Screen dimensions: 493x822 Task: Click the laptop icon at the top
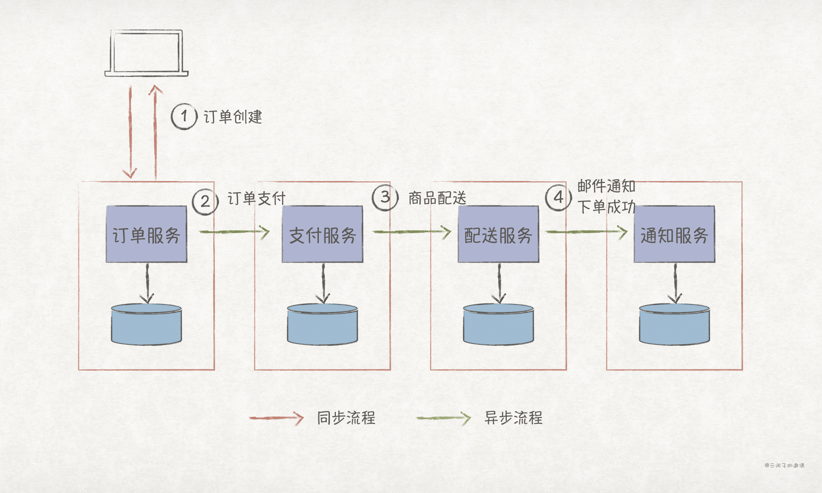[x=146, y=53]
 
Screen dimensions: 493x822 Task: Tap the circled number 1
[x=184, y=116]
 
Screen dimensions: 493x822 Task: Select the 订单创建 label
[x=233, y=117]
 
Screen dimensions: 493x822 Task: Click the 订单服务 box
[x=147, y=235]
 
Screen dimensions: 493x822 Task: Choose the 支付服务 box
[x=323, y=235]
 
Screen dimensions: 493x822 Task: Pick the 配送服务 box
[x=498, y=235]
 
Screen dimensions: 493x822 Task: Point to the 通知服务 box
[x=674, y=235]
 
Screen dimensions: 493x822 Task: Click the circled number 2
[x=205, y=201]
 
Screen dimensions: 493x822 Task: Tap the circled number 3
[x=385, y=198]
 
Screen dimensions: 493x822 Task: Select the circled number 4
[x=558, y=198]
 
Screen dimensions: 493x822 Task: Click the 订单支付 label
[x=257, y=199]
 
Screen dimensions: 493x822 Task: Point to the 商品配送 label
[x=437, y=198]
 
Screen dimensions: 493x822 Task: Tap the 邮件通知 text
[x=606, y=186]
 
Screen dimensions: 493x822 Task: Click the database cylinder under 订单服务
[x=147, y=324]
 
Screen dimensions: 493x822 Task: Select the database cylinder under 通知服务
[x=674, y=324]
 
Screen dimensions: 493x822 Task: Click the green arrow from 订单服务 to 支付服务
[x=234, y=231]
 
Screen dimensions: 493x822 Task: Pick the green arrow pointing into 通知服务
[x=586, y=232]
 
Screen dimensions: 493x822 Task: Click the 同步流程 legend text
[x=346, y=418]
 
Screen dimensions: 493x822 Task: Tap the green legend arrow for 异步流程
[x=443, y=418]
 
